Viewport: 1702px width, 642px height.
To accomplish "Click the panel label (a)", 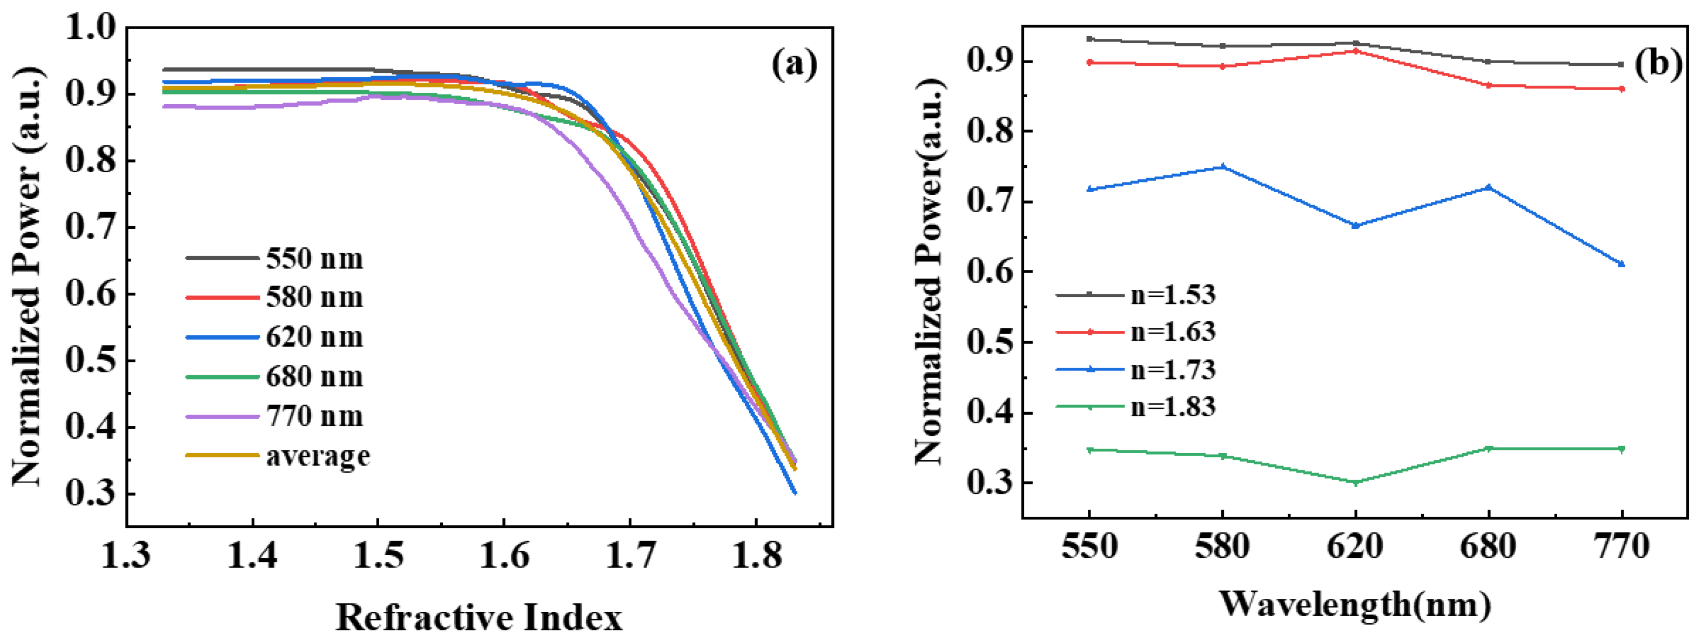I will pos(794,65).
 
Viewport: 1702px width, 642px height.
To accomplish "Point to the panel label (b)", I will pos(1657,65).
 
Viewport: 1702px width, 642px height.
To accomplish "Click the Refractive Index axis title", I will pos(479,618).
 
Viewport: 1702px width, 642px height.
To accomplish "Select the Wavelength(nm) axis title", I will pos(1355,603).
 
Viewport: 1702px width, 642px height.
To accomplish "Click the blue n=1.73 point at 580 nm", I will pos(1222,167).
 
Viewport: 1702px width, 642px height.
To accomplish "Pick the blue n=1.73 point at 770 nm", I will pos(1622,264).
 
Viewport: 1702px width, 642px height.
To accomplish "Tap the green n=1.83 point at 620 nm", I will pos(1356,483).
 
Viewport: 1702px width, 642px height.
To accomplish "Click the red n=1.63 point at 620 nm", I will pos(1356,51).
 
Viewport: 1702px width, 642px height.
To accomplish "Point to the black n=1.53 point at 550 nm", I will pos(1089,39).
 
